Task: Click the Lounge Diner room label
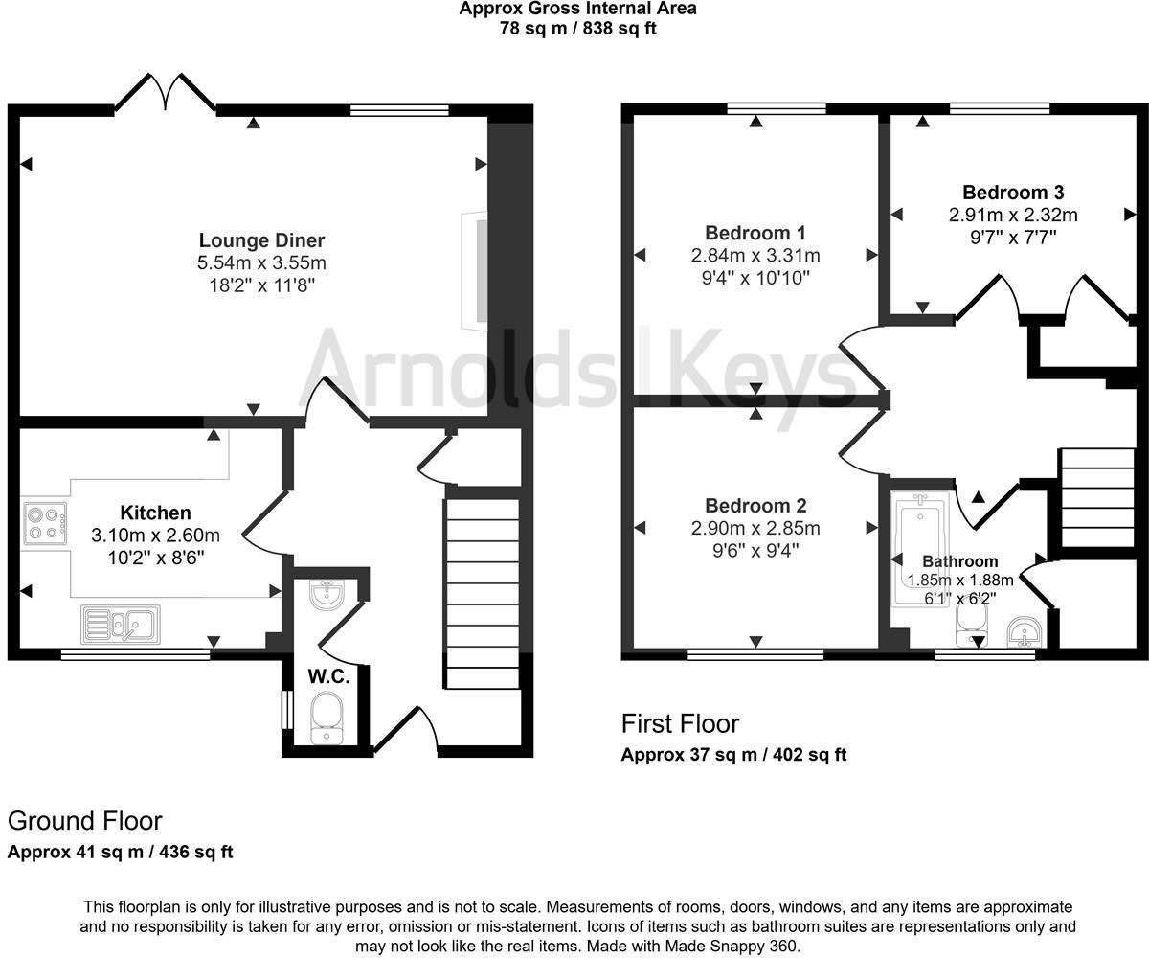coord(261,240)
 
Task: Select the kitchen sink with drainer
coord(121,625)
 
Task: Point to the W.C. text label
coord(327,676)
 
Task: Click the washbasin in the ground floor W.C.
coord(327,595)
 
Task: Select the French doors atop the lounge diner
coord(165,94)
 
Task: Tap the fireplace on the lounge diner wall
coord(474,271)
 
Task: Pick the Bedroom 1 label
coord(755,233)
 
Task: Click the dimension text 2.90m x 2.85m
coord(755,529)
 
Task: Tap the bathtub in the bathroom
coord(920,550)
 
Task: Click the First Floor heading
coord(680,723)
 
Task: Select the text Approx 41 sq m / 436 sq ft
coord(120,852)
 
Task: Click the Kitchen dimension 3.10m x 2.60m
coord(155,535)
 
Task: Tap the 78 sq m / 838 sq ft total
coord(577,28)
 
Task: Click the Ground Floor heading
coord(84,821)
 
